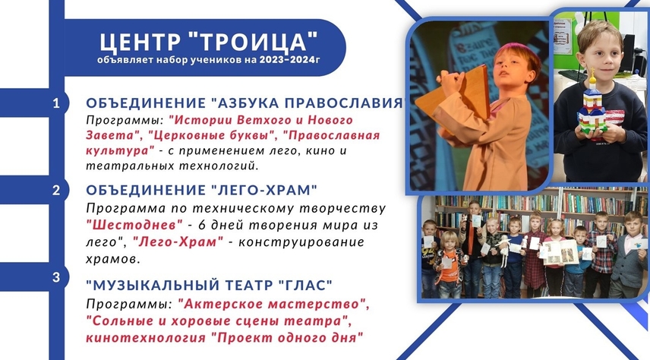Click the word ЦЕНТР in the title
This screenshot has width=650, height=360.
(x=140, y=42)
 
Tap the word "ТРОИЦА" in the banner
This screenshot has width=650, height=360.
(x=253, y=41)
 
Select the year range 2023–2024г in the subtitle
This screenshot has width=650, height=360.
(x=290, y=60)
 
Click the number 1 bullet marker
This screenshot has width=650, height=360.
(x=56, y=103)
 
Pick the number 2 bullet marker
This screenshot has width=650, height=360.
(x=56, y=191)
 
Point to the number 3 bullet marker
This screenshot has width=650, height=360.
(x=56, y=277)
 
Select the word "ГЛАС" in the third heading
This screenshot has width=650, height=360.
(x=305, y=285)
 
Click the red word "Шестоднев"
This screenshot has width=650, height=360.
(x=134, y=225)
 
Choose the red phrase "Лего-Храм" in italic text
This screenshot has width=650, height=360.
(x=178, y=242)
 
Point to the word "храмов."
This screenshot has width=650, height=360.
(x=113, y=259)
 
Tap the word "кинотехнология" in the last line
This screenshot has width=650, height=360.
(x=146, y=337)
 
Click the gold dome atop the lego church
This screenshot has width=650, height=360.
(x=593, y=77)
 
